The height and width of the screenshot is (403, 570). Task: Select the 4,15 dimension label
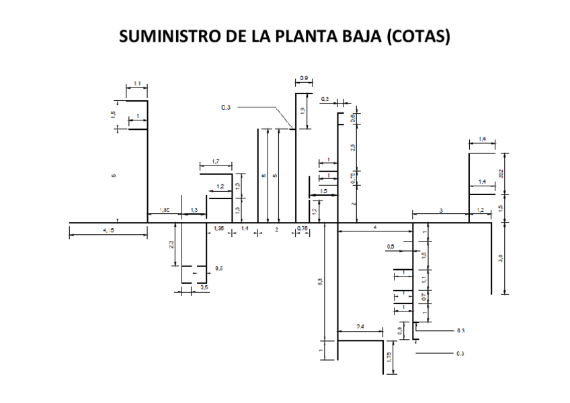click(x=108, y=231)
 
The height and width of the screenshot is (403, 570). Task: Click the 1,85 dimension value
click(x=164, y=211)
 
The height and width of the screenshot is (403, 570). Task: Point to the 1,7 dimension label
click(x=215, y=161)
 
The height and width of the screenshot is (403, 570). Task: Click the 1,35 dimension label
click(x=219, y=229)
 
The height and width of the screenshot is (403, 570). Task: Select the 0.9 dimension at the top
click(x=304, y=79)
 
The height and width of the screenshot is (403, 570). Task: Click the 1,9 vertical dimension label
click(x=303, y=111)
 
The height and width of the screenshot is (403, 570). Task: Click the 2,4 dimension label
click(x=360, y=326)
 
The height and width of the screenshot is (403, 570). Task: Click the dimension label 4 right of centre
click(x=375, y=227)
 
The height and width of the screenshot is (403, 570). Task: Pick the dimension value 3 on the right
click(x=441, y=211)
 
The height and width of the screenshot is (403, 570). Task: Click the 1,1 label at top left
click(x=136, y=83)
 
